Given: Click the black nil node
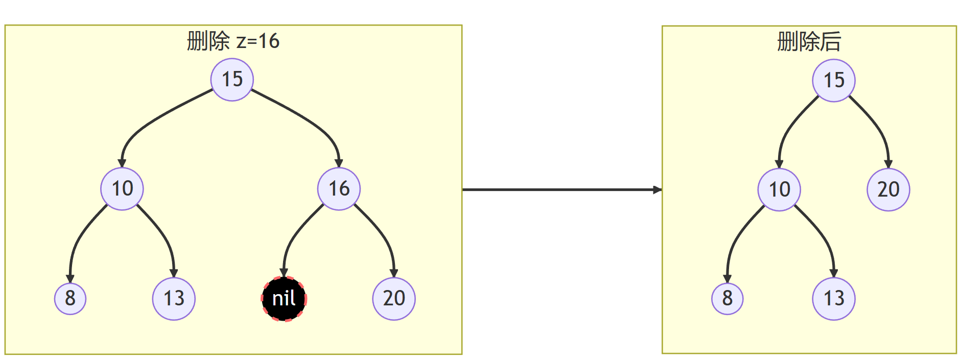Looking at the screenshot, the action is pyautogui.click(x=284, y=299).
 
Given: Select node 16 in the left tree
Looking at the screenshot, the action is pyautogui.click(x=339, y=189).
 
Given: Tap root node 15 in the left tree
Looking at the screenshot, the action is pyautogui.click(x=232, y=80).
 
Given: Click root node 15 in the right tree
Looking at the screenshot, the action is pyautogui.click(x=834, y=81).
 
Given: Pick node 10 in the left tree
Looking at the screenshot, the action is pyautogui.click(x=122, y=189).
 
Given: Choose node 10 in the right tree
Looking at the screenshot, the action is pyautogui.click(x=779, y=190).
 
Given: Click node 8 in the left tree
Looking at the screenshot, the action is pyautogui.click(x=71, y=299).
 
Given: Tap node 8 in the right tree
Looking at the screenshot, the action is pyautogui.click(x=728, y=299).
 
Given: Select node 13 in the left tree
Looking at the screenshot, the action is pyautogui.click(x=174, y=299).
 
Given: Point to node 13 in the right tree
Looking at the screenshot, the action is pyautogui.click(x=834, y=299).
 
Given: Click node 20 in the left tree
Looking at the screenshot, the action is pyautogui.click(x=394, y=299).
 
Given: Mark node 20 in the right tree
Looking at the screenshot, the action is pyautogui.click(x=888, y=190).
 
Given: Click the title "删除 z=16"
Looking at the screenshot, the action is pyautogui.click(x=233, y=41).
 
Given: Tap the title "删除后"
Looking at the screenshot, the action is pyautogui.click(x=809, y=42).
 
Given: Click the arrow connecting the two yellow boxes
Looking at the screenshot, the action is pyautogui.click(x=562, y=190).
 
